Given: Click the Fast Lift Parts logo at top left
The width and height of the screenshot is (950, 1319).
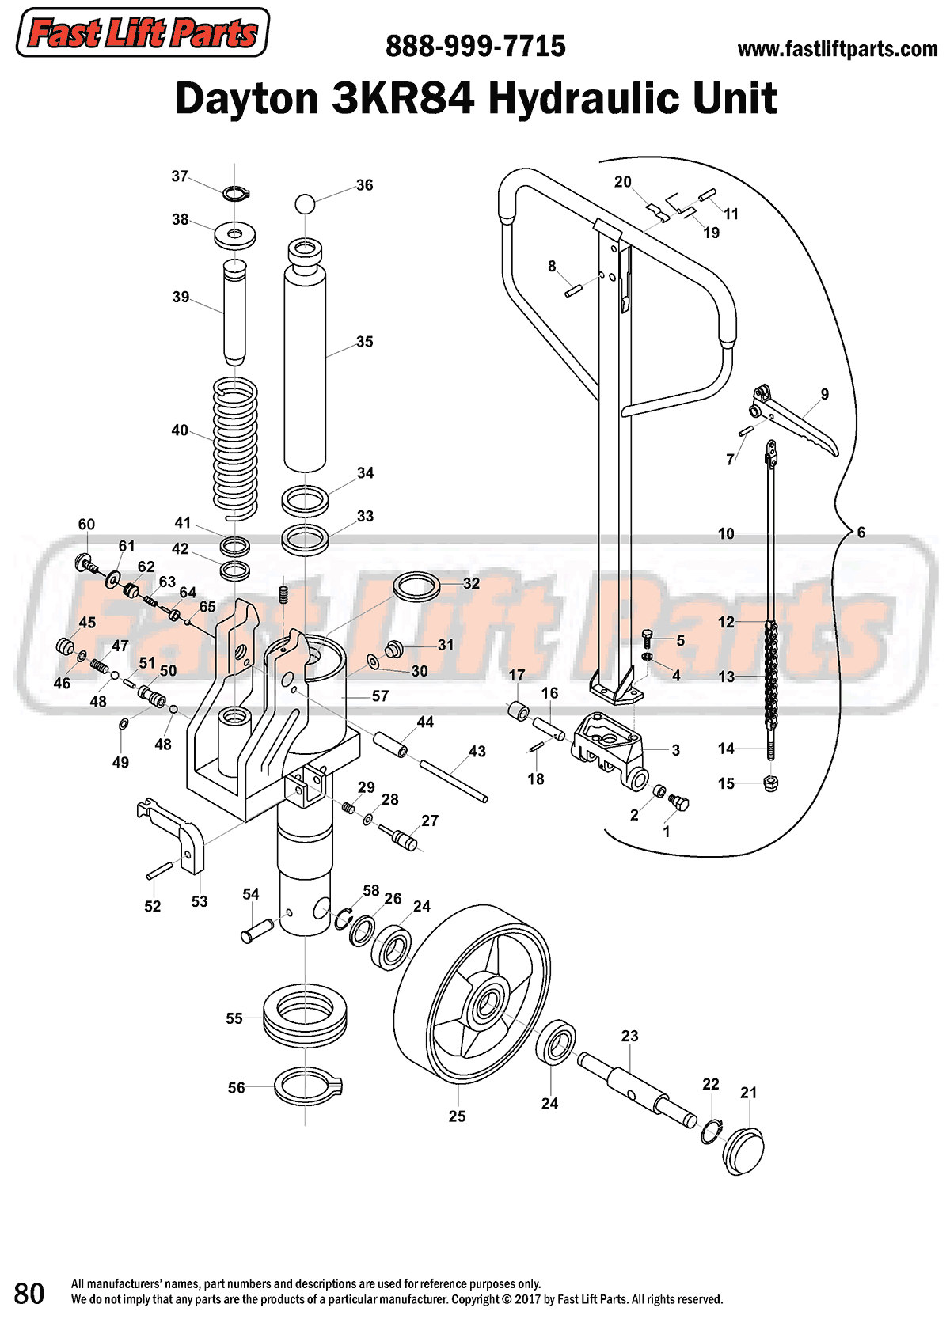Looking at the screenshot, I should coord(142,33).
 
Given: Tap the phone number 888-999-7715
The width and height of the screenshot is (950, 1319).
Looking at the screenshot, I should coord(475,47).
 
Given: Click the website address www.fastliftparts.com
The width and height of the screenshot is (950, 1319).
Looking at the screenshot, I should coord(837,49).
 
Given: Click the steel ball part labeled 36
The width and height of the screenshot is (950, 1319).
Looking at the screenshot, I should coord(305,204).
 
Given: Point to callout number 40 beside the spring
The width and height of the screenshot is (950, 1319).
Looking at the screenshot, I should coord(180,430).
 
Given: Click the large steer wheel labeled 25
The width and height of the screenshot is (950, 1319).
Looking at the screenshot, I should coord(473,997).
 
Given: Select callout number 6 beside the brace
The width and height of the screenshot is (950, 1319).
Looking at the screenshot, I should coord(861,533).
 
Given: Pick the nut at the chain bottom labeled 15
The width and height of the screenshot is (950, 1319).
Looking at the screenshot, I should coord(770,783).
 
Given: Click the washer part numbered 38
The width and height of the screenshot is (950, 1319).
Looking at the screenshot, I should coord(234,234).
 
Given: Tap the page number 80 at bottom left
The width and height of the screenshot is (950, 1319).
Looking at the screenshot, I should coord(29,1293).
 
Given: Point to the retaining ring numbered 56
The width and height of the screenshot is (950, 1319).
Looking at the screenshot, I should coord(307,1087).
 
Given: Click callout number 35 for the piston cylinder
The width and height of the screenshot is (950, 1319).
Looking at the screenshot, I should coord(364,342).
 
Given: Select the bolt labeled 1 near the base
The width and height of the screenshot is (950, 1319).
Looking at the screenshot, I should coord(679,802).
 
